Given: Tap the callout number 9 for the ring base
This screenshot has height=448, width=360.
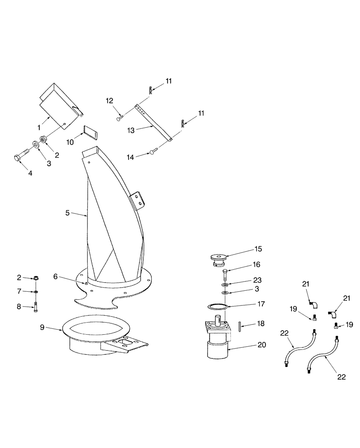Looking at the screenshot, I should pos(42,327).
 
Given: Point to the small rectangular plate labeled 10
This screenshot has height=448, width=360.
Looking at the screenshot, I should pos(90,133).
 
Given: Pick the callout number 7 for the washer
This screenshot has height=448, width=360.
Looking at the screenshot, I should pos(19,291).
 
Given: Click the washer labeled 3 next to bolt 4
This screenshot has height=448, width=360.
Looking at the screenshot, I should pos(35,145).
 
